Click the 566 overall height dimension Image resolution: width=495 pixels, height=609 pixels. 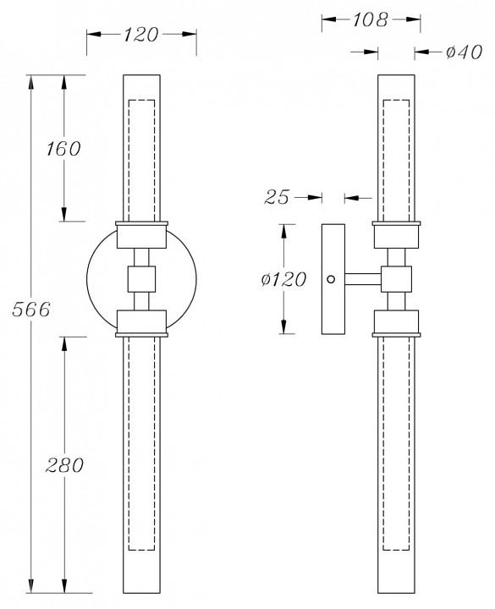[31, 310]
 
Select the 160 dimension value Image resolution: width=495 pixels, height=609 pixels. [63, 149]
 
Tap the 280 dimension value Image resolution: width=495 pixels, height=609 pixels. [64, 465]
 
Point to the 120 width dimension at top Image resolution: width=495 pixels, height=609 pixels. [141, 35]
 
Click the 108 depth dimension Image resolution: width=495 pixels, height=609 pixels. [371, 19]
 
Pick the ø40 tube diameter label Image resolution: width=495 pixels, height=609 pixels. [464, 52]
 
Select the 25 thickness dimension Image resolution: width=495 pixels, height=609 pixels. [277, 197]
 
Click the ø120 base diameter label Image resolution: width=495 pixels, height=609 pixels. [283, 279]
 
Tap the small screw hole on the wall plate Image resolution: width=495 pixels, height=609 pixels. [331, 279]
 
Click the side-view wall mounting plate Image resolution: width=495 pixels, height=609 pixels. [333, 279]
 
